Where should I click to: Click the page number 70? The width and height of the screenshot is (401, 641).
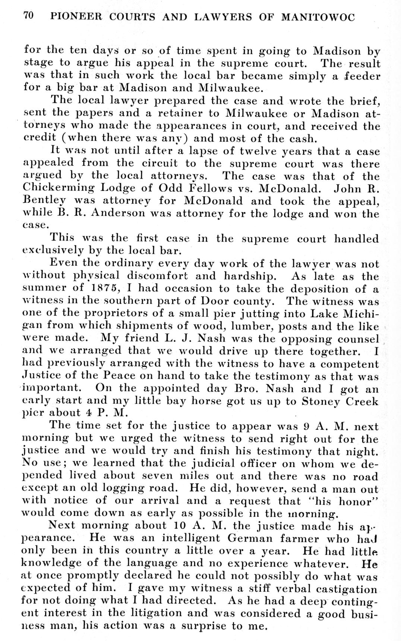point(29,16)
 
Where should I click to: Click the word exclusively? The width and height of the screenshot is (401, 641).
point(51,251)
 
